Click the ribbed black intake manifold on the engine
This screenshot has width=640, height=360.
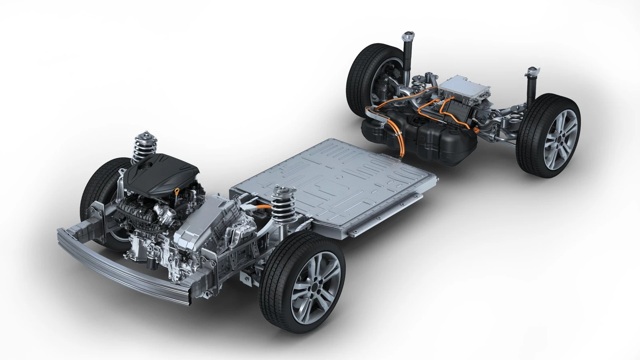[140, 212]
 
